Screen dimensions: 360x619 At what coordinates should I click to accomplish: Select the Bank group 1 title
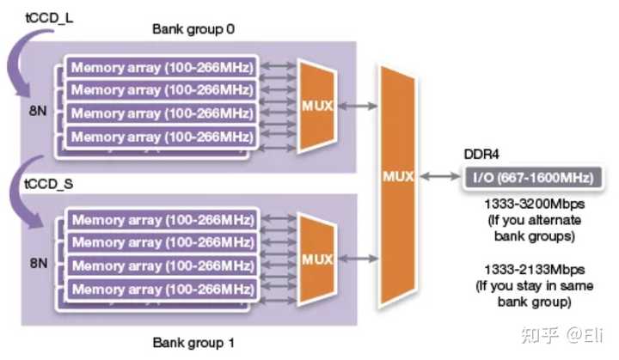point(193,344)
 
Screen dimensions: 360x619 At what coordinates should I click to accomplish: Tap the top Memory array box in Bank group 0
point(162,68)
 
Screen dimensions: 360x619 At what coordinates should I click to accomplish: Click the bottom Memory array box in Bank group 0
point(162,137)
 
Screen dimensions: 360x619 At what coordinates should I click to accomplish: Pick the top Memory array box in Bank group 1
point(162,220)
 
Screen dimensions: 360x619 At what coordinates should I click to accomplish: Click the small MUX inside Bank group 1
point(316,258)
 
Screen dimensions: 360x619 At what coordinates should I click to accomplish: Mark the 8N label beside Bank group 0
point(34,111)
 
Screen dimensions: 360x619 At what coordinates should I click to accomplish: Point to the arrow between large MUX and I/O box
point(440,179)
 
